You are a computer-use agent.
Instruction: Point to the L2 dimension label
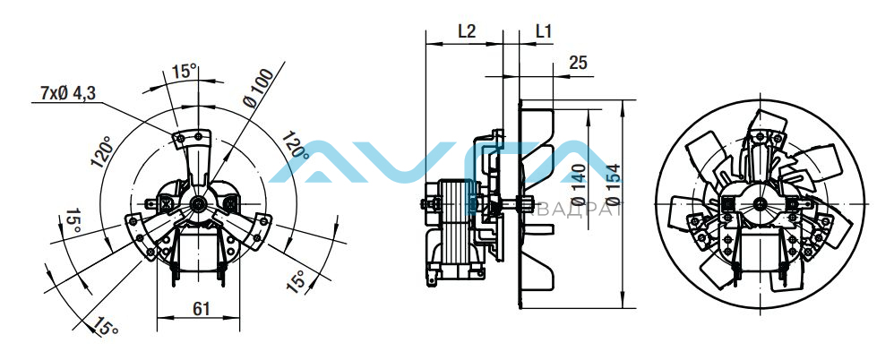tap(467, 31)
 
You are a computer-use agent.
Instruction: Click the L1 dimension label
tap(544, 31)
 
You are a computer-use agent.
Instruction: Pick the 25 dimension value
tap(578, 63)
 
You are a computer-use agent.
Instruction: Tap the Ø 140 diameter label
tap(578, 184)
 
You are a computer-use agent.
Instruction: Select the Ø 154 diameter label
tap(614, 184)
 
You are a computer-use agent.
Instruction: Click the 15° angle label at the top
tap(185, 72)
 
